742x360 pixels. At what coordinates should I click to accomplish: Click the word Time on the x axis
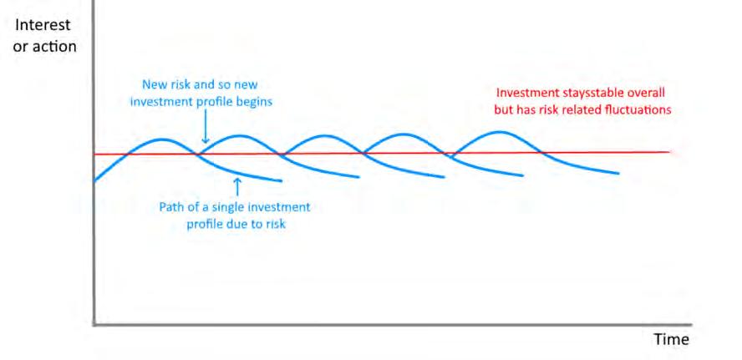tap(672, 340)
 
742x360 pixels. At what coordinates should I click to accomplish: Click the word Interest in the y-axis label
tap(43, 24)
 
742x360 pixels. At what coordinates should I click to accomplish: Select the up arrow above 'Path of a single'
tap(237, 187)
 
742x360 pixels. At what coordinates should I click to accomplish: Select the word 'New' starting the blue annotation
tap(152, 84)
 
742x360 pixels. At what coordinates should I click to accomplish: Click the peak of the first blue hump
tap(162, 139)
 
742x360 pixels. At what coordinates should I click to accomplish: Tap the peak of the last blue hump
tap(500, 132)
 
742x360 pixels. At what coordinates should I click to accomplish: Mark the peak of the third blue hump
tap(324, 136)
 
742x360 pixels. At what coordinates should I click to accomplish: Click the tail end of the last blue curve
tap(618, 173)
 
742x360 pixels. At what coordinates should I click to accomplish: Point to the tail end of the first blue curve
tap(282, 180)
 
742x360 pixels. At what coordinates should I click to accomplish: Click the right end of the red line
tap(670, 152)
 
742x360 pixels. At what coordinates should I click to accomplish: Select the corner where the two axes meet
tap(94, 325)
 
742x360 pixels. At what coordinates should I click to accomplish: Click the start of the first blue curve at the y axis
tap(95, 180)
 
